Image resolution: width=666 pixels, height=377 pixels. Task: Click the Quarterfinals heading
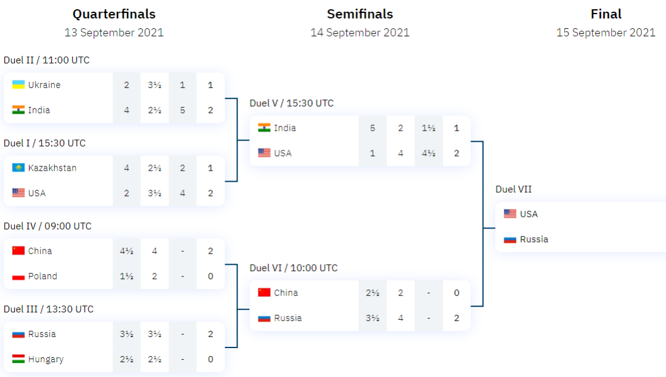pyautogui.click(x=114, y=14)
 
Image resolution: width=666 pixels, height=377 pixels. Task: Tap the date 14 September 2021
pyautogui.click(x=360, y=33)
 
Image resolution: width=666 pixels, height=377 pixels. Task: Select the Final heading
pyautogui.click(x=606, y=14)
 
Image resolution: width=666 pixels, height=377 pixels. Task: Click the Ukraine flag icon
pyautogui.click(x=18, y=85)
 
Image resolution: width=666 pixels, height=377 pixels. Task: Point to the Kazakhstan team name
pyautogui.click(x=52, y=168)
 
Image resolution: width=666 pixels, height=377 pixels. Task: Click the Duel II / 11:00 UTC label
pyautogui.click(x=46, y=60)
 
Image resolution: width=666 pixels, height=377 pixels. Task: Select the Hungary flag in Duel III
pyautogui.click(x=18, y=359)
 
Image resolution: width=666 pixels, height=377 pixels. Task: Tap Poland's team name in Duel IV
pyautogui.click(x=43, y=276)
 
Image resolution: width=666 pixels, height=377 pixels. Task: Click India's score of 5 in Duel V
pyautogui.click(x=372, y=128)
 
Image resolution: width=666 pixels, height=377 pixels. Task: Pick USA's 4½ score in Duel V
pyautogui.click(x=429, y=153)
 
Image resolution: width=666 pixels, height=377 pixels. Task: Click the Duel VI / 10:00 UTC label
pyautogui.click(x=294, y=268)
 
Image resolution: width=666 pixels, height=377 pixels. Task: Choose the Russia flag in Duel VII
pyautogui.click(x=510, y=239)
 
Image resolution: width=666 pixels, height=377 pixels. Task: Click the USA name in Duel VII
pyautogui.click(x=529, y=214)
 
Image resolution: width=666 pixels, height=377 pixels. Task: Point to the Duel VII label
pyautogui.click(x=513, y=189)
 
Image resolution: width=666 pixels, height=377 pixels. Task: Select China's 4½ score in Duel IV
pyautogui.click(x=126, y=251)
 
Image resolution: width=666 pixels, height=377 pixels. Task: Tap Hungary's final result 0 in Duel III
pyautogui.click(x=210, y=359)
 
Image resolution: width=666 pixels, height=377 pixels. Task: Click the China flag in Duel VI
pyautogui.click(x=265, y=293)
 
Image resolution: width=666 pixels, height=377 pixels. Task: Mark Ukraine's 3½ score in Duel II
pyautogui.click(x=154, y=85)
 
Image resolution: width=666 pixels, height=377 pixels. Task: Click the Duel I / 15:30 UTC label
pyautogui.click(x=44, y=143)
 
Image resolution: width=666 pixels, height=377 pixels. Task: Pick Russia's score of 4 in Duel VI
pyautogui.click(x=400, y=318)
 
